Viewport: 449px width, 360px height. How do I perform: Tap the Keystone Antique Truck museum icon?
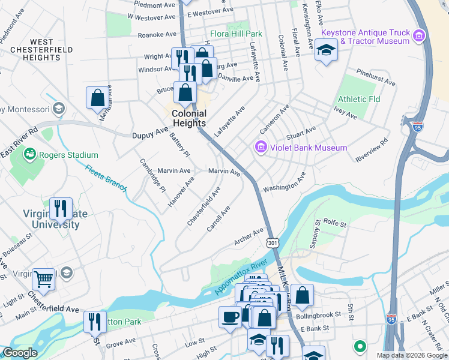[420, 36]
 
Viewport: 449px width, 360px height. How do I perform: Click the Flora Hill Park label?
[237, 34]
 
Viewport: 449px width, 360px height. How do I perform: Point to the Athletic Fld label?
[359, 99]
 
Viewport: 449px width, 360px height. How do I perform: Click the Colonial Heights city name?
[189, 118]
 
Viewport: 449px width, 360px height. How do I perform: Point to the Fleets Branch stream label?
[106, 178]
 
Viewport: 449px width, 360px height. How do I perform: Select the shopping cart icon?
[43, 278]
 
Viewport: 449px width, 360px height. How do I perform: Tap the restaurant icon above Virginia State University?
[61, 208]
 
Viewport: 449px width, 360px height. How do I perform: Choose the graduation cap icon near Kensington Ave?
[326, 49]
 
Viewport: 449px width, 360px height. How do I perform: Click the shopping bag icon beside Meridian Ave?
[97, 97]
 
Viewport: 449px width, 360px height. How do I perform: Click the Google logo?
[20, 353]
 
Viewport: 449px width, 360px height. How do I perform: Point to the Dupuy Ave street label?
[150, 136]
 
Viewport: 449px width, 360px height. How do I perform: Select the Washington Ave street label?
[285, 183]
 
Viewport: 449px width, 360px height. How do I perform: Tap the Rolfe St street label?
[336, 224]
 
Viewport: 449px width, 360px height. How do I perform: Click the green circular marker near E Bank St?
[360, 346]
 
